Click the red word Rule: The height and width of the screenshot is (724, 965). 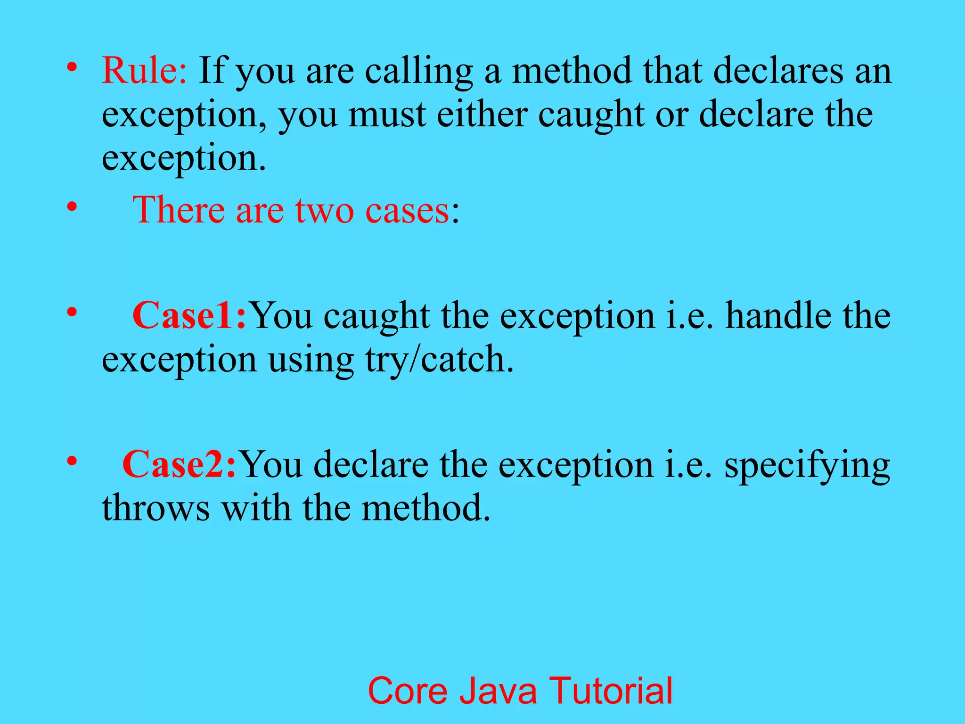click(144, 71)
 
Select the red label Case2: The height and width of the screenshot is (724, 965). click(179, 464)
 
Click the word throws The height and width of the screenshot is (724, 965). click(155, 508)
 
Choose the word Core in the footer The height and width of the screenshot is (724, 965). click(408, 691)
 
